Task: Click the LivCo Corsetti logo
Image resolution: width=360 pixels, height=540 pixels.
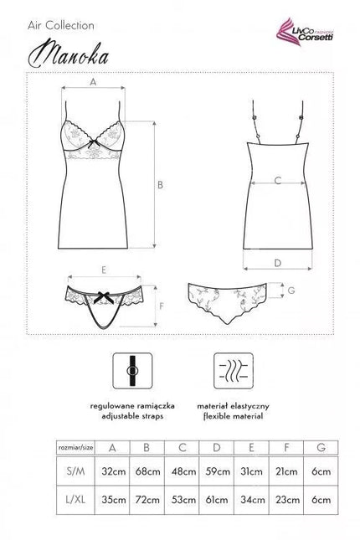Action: click(x=306, y=32)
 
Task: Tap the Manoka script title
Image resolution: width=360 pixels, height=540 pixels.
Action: click(x=68, y=55)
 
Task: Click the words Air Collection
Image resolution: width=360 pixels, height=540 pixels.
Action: click(x=61, y=25)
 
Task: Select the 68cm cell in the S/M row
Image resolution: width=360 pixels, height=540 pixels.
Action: click(x=147, y=471)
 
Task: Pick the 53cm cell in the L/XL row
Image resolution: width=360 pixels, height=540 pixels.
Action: click(x=183, y=500)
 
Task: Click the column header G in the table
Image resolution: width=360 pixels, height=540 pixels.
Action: click(x=321, y=447)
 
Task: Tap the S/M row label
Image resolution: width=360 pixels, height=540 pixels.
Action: click(x=75, y=471)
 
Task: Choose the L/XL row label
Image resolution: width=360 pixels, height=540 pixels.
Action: click(x=75, y=500)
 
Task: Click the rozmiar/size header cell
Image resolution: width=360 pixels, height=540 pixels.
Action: click(x=76, y=448)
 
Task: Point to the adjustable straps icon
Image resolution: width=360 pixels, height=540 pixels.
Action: click(x=132, y=371)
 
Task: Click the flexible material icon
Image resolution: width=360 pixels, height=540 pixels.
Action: click(x=234, y=371)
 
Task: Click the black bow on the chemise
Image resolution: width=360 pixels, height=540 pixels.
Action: click(x=92, y=143)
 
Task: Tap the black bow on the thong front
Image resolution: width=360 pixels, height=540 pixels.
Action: click(x=104, y=297)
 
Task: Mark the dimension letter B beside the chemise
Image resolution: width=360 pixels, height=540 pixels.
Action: click(x=160, y=185)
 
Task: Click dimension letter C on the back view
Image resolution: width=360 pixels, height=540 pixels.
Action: click(x=278, y=181)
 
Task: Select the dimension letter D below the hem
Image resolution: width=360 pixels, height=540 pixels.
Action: click(x=278, y=263)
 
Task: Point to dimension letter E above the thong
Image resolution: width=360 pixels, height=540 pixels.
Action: click(x=104, y=270)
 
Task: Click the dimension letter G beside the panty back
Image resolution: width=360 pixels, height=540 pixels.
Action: click(x=291, y=291)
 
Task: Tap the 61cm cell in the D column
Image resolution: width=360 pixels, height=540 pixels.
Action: click(x=217, y=500)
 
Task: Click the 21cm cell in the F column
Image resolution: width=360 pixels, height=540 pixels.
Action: click(x=286, y=471)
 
